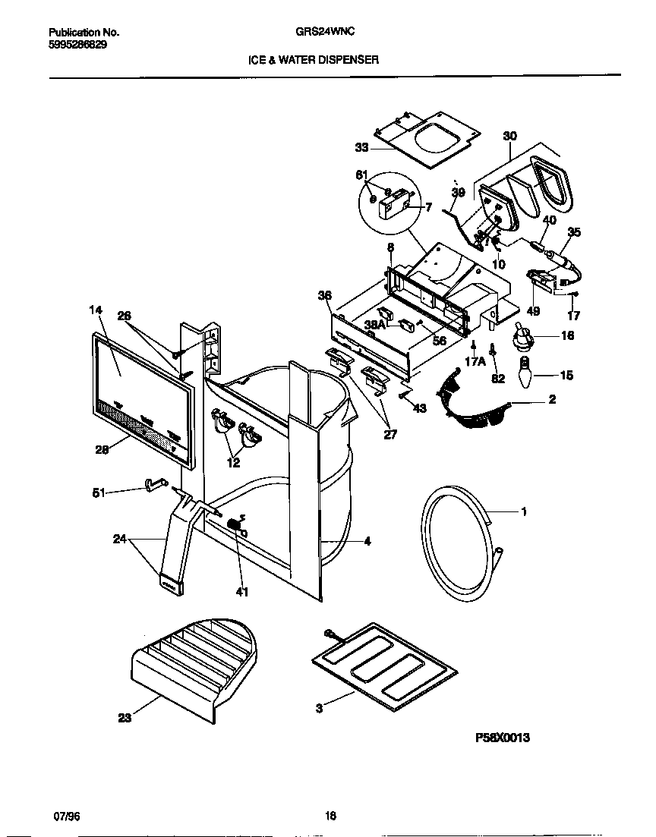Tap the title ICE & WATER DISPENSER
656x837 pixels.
[x=314, y=59]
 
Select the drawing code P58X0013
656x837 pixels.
[x=502, y=736]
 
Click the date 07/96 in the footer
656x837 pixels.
[x=66, y=816]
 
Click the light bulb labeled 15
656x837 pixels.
[x=526, y=376]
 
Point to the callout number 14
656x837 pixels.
[x=95, y=310]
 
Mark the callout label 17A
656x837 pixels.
[x=475, y=362]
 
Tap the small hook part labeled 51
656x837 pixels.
[x=155, y=483]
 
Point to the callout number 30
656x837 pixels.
[x=509, y=136]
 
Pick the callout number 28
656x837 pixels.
[x=102, y=448]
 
